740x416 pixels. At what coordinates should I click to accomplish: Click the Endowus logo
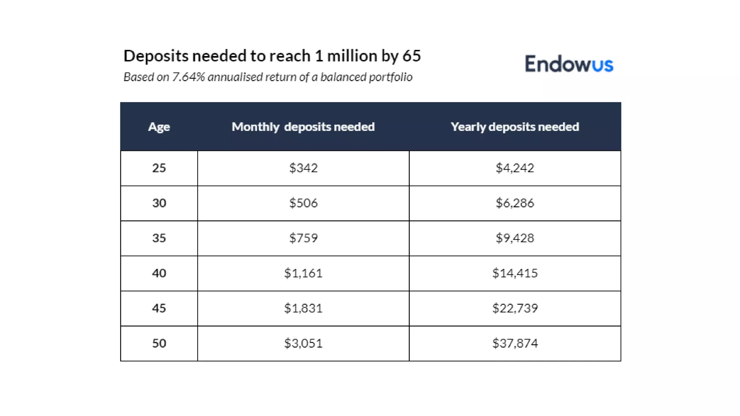(569, 64)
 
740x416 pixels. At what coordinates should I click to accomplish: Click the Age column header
(159, 127)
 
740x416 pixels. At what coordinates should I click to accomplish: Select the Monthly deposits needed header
(303, 127)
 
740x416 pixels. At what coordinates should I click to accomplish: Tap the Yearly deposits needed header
(515, 127)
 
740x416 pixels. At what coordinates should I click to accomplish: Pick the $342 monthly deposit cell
(303, 168)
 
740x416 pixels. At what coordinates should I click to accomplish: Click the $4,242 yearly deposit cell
(515, 168)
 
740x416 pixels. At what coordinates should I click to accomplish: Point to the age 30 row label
(159, 203)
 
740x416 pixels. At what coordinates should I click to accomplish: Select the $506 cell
(303, 203)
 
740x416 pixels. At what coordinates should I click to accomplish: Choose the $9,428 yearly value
(515, 238)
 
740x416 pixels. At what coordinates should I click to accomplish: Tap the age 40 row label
(159, 273)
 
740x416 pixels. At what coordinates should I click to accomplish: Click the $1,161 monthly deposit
(303, 273)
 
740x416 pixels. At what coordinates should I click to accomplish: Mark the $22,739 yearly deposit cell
(515, 308)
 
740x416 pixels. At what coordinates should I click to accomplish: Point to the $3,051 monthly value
(303, 343)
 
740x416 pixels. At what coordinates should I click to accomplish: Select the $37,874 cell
(515, 343)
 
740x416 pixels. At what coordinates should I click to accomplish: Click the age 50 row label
(159, 343)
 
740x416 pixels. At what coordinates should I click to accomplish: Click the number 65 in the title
(412, 56)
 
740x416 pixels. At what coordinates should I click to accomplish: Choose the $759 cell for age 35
(303, 238)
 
